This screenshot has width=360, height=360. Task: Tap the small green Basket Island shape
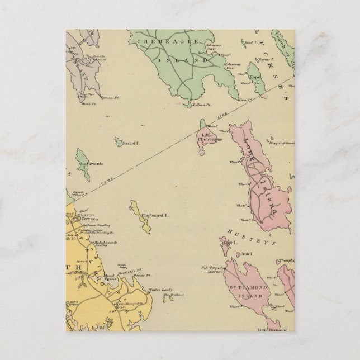tap(119, 144)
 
